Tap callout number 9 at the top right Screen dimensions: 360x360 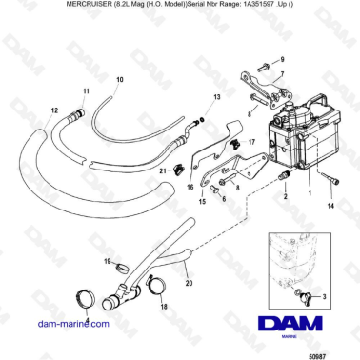pos(282,60)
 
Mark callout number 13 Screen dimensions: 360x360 pos(217,98)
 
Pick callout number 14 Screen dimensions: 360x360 pos(330,205)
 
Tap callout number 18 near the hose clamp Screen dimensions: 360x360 pos(165,309)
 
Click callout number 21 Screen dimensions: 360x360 pos(163,170)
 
